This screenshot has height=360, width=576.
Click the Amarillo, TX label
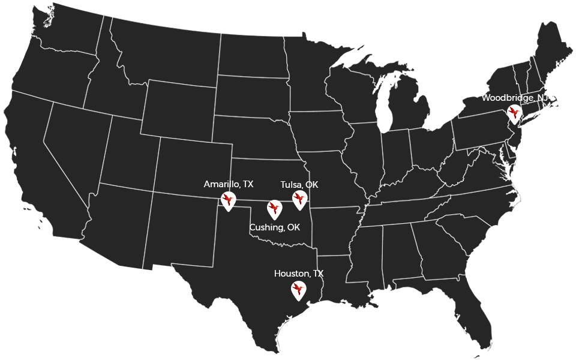tap(228, 184)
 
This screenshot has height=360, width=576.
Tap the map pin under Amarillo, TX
tap(228, 200)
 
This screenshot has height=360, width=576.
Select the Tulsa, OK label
tap(299, 184)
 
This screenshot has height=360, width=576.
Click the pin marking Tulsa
tap(299, 199)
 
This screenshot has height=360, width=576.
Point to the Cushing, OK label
tap(274, 227)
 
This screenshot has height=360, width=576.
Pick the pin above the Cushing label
tap(274, 209)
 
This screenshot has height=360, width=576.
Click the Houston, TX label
tap(298, 274)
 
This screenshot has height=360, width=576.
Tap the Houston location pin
tap(298, 290)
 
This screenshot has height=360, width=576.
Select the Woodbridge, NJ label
tap(515, 98)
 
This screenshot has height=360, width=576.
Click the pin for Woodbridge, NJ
tap(514, 113)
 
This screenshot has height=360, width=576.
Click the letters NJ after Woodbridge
tap(542, 98)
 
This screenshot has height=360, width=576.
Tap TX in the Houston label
tap(317, 274)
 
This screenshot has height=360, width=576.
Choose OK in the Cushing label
tap(293, 227)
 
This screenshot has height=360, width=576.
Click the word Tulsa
tap(291, 184)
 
